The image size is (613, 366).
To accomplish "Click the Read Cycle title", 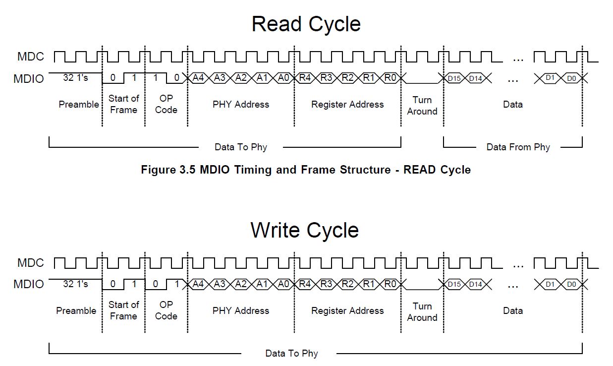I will click(x=306, y=24).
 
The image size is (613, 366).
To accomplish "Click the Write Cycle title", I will click(x=304, y=231).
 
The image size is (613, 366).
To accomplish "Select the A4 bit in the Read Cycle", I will click(x=198, y=78).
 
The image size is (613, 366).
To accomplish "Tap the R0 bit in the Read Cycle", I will click(x=390, y=78).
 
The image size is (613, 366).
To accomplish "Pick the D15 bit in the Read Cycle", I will click(x=454, y=78).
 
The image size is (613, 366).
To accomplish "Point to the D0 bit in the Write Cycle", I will click(x=571, y=284).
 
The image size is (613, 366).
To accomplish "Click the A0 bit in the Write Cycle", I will click(x=283, y=284).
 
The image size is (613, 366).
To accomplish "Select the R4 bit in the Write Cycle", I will click(x=305, y=284).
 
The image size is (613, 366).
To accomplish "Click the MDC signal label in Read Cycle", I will click(x=31, y=57).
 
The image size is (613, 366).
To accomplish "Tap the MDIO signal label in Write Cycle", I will click(x=29, y=285).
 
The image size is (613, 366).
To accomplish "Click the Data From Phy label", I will click(x=518, y=147).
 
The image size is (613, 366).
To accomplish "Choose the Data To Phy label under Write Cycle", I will click(x=291, y=354).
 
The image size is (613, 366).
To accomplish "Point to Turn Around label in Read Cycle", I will click(x=422, y=106).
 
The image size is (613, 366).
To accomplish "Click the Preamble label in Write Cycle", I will click(x=76, y=311).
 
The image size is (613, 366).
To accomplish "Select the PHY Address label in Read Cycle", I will click(x=241, y=105).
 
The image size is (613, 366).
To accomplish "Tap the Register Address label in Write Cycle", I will click(x=347, y=311).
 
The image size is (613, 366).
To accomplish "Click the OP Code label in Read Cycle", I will click(x=166, y=104).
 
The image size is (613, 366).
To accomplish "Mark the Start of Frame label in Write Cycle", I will click(x=123, y=310).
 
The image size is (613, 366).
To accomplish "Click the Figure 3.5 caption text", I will click(x=306, y=170).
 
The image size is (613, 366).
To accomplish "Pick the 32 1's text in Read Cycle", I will click(x=75, y=78).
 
